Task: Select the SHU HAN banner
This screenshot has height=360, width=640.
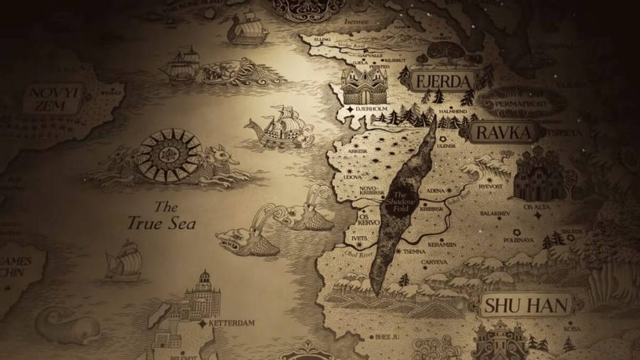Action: [x=527, y=306]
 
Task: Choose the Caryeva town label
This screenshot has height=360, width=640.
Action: [x=434, y=261]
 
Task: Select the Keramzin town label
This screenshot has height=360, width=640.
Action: [x=441, y=244]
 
